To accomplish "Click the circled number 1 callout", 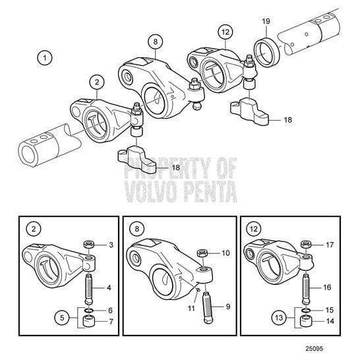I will tap(45, 58).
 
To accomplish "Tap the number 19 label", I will tap(266, 22).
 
